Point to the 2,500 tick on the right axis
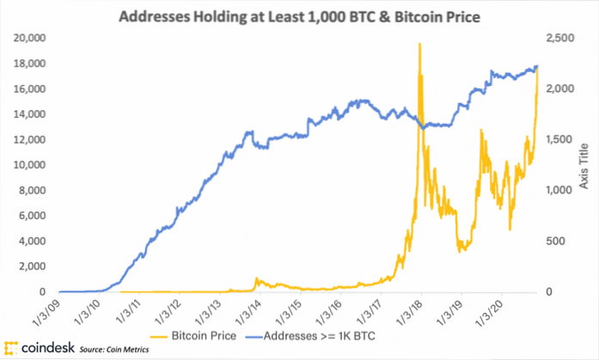(x=557, y=39)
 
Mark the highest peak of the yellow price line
(x=419, y=44)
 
